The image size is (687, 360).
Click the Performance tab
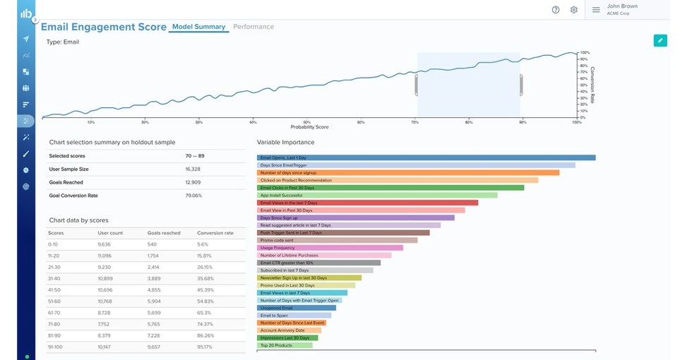(253, 27)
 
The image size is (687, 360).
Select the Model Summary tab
(198, 27)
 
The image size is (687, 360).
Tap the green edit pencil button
(659, 40)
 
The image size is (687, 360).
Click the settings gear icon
(574, 10)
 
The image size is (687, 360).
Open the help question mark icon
(556, 10)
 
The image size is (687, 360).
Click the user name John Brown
(622, 6)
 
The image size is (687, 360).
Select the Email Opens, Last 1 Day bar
(426, 157)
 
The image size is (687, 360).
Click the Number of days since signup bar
(408, 172)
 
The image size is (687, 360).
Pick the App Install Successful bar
(377, 195)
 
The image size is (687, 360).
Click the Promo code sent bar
(337, 240)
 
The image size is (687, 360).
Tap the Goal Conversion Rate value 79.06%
(193, 196)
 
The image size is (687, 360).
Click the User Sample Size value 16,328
(193, 169)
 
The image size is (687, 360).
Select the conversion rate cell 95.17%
(205, 347)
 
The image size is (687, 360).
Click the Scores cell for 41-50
(54, 290)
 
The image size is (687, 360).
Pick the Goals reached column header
(164, 233)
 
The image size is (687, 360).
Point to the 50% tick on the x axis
(306, 122)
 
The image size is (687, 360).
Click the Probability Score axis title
(309, 128)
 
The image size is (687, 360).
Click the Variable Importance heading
(285, 143)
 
